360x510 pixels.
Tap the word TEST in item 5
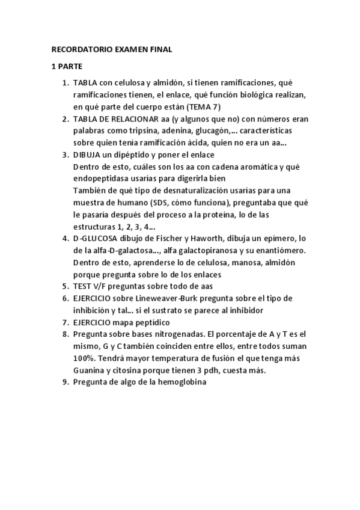pyautogui.click(x=82, y=286)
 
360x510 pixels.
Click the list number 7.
pyautogui.click(x=65, y=322)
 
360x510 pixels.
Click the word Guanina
pyautogui.click(x=90, y=370)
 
